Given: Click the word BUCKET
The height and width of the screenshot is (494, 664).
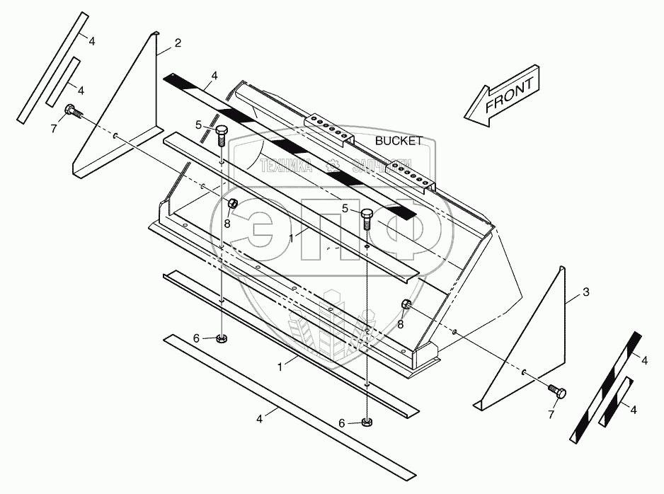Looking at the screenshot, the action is coord(399,142).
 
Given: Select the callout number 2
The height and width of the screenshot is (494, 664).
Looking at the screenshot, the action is coord(177,43).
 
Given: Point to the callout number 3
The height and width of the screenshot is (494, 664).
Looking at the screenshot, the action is coord(585,292).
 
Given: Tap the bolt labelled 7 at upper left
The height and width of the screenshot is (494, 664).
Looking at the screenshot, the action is coord(71,110).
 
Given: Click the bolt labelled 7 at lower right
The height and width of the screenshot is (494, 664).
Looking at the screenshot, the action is coord(556,391).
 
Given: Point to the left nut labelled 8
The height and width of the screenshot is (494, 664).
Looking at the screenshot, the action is coord(232,205).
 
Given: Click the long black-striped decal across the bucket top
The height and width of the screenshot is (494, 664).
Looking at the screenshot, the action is coord(290,145).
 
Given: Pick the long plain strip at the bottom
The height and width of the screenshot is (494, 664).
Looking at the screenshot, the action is coord(283,400).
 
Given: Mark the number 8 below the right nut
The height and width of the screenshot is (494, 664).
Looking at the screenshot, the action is coord(401,324).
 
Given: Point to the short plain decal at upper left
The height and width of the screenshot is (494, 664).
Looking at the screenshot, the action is coord(62,83).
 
